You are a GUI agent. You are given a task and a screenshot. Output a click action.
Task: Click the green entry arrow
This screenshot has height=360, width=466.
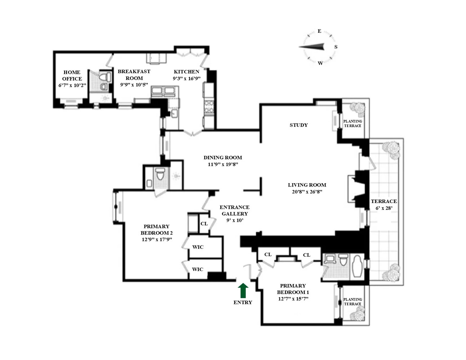(x=243, y=290)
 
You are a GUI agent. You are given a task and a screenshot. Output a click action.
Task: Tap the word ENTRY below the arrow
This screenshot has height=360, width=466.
(x=243, y=302)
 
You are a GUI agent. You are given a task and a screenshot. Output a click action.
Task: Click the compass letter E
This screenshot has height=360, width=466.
(x=319, y=31)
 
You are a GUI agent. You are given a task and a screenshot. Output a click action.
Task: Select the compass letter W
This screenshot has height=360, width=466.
(x=320, y=63)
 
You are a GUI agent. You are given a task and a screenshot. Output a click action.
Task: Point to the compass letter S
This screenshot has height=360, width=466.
(x=336, y=47)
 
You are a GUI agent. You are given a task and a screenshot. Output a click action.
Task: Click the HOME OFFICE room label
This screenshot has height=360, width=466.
(x=72, y=76)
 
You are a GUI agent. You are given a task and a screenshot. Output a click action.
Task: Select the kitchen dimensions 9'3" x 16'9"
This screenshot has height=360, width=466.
(x=187, y=78)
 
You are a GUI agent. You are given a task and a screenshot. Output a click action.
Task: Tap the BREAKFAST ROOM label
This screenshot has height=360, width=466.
(x=134, y=75)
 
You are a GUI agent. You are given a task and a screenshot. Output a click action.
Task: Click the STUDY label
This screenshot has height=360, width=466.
(x=299, y=125)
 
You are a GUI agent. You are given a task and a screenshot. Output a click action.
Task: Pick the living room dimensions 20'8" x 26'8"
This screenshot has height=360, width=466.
(x=307, y=192)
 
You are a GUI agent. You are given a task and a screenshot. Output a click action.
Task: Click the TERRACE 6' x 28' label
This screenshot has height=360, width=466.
(x=384, y=204)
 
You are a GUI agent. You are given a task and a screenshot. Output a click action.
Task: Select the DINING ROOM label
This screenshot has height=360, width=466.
(x=223, y=157)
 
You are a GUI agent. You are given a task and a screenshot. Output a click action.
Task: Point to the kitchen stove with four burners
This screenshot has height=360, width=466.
(x=209, y=107)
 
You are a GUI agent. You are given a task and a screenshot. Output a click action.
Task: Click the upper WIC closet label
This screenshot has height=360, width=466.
(x=198, y=247)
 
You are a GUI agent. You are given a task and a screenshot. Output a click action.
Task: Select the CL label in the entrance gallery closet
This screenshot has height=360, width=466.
(x=204, y=224)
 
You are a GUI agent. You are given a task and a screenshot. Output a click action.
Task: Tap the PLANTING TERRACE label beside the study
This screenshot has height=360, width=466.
(x=353, y=123)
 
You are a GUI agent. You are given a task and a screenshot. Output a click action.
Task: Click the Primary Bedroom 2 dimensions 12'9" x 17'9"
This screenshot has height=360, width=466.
(x=157, y=239)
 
